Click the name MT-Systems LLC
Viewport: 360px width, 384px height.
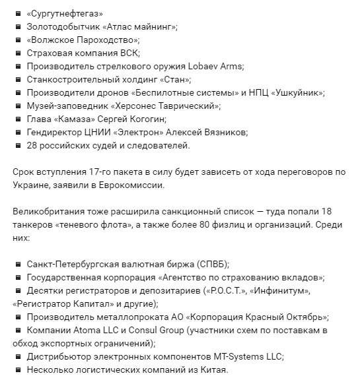pos(246,356)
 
